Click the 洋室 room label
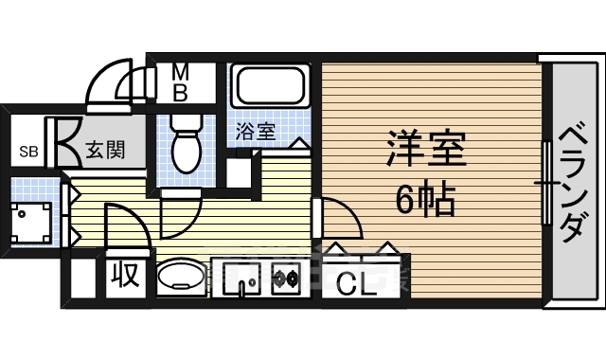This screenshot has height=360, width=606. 424,150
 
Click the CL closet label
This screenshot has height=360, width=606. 356,280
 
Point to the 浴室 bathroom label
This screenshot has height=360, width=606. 256,131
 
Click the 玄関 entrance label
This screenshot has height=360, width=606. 100,150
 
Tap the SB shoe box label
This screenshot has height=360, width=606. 29,151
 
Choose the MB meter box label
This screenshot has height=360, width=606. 180,82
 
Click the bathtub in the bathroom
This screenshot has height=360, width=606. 272,86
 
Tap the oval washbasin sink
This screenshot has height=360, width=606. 180,279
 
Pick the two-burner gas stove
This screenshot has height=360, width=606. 285,279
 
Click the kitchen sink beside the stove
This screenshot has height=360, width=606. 245,279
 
